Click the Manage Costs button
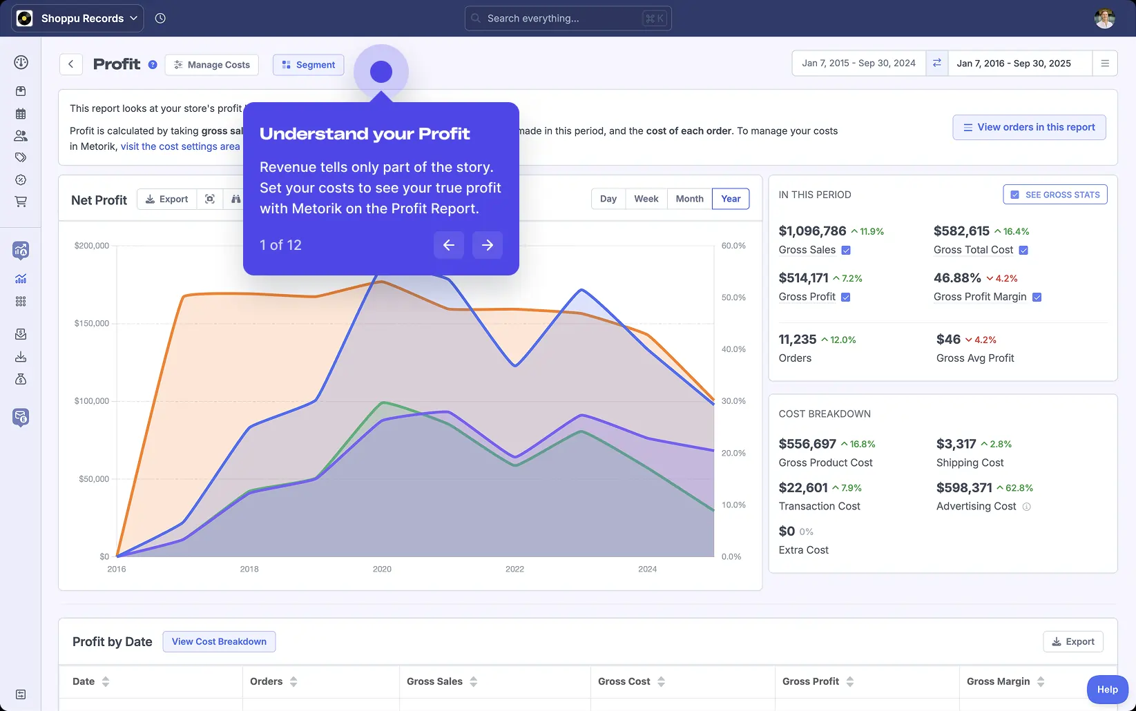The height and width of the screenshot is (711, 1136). coord(212,65)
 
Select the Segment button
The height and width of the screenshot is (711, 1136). coord(308,65)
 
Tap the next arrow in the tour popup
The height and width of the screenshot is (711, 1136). coord(488,245)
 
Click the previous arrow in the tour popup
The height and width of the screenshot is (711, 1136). coord(449,245)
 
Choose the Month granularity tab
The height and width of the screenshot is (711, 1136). coord(689,199)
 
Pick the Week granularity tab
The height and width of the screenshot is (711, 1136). coord(646,199)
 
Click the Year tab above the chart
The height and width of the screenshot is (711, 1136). coord(731,199)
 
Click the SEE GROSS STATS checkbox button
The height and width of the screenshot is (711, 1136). coord(1055,195)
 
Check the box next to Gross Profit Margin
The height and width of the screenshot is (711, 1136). coord(1037,297)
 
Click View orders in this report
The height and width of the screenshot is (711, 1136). coord(1029,128)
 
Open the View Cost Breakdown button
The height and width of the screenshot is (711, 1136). coord(219,641)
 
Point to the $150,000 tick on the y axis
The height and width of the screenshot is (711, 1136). coord(92,323)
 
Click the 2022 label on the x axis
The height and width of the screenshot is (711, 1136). coord(514,569)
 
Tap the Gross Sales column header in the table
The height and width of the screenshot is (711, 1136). coord(435,681)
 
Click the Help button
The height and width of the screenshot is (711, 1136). coord(1107,690)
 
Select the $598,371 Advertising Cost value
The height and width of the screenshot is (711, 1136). coord(964,488)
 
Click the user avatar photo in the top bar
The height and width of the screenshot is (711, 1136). coord(1104,19)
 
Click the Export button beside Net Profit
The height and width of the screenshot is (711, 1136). coord(166,199)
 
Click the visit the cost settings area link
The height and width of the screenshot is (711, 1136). coord(180,146)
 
